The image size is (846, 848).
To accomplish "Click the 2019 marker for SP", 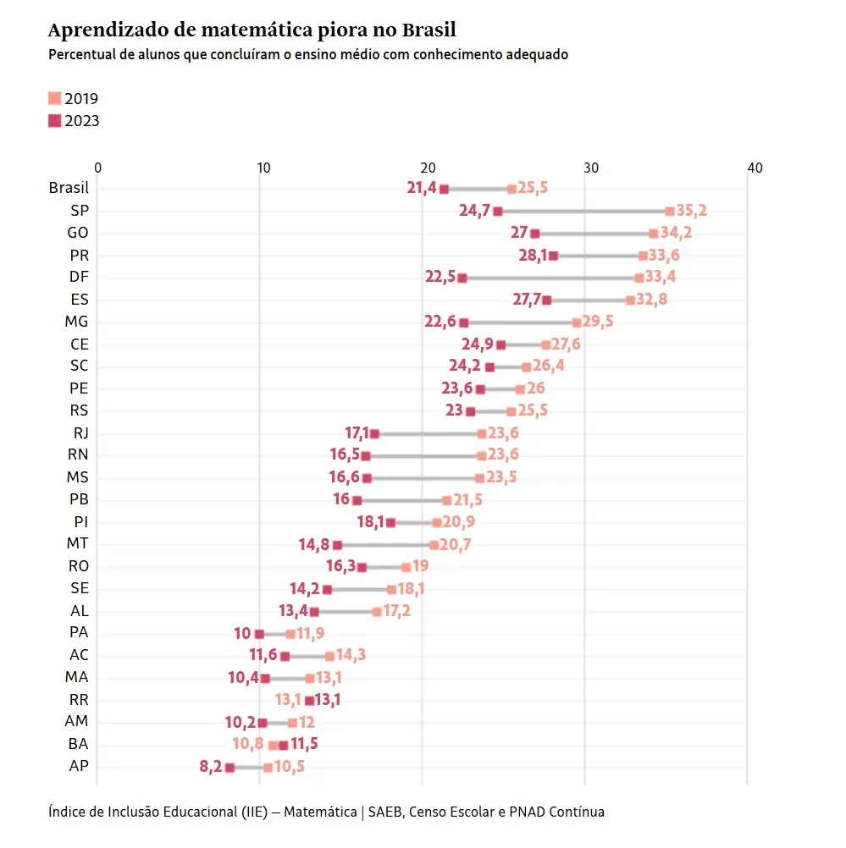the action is (x=669, y=211).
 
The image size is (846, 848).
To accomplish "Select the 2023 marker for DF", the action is (x=462, y=278).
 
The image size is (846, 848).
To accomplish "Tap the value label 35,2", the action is (x=691, y=211).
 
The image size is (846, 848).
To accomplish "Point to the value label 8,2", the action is (x=211, y=767).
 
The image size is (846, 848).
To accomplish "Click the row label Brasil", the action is (x=69, y=188).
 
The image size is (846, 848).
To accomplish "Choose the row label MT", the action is (x=78, y=544).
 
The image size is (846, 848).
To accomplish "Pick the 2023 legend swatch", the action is (x=55, y=120).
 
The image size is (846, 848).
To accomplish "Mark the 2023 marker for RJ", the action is (x=374, y=433).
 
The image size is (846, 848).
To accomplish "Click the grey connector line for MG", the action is (x=520, y=322).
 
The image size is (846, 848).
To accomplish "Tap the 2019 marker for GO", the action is (x=653, y=233).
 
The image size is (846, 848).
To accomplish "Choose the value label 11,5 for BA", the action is (x=304, y=745).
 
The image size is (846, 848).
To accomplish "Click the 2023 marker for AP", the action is (x=229, y=767).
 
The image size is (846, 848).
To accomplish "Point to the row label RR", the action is (x=79, y=700).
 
